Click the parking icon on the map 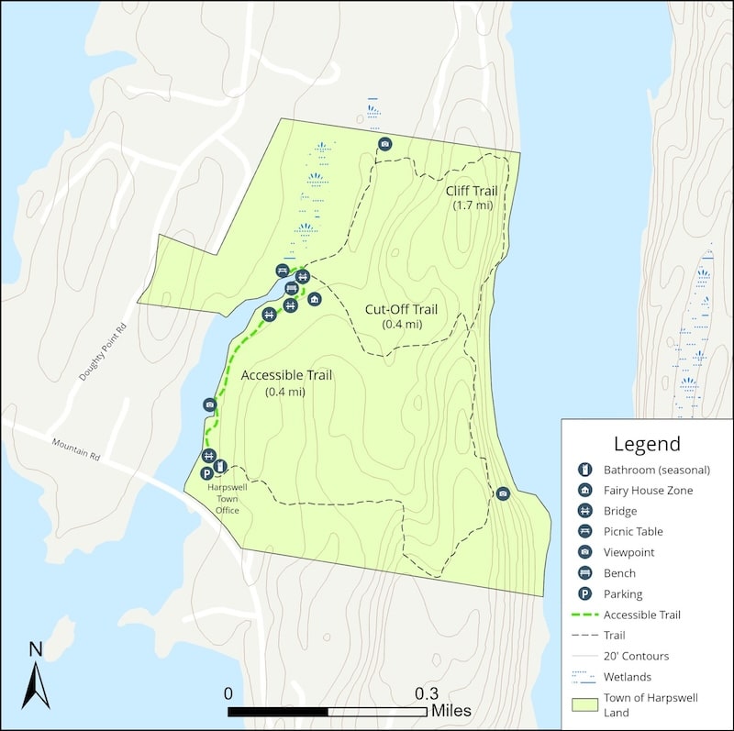(x=206, y=473)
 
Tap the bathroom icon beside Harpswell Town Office (x=220, y=470)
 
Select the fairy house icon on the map (x=315, y=299)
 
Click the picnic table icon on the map (x=283, y=271)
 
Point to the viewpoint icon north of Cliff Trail (x=385, y=144)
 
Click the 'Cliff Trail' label (x=472, y=191)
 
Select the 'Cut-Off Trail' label (x=401, y=309)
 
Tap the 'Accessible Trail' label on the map (x=285, y=375)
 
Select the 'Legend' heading (x=647, y=445)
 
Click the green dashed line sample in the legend (x=583, y=615)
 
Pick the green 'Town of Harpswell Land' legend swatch (x=583, y=703)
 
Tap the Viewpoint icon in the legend (x=583, y=552)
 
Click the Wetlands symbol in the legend (x=583, y=677)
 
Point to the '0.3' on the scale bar (x=427, y=693)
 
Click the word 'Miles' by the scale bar (x=450, y=711)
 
